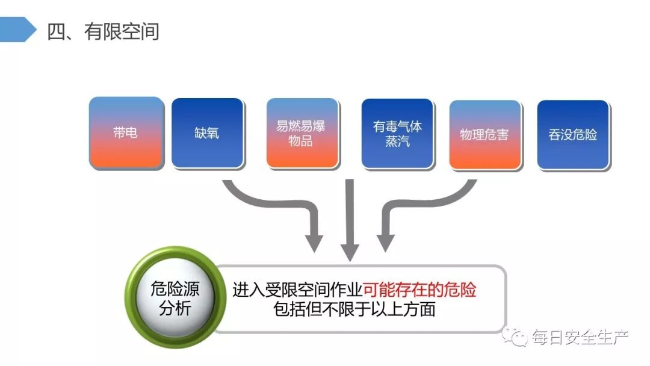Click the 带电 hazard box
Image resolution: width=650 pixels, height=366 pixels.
126,132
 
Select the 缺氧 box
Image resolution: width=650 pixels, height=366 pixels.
207,132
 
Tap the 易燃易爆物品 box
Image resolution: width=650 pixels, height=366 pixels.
302,132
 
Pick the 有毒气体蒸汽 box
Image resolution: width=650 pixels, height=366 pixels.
397,132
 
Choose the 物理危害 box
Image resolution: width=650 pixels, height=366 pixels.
484,134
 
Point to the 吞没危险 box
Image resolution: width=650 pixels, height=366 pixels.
572,134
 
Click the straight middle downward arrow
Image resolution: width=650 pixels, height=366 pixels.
349,223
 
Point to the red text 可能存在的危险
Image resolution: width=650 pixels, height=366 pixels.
419,290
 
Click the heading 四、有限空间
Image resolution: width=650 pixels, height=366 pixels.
103,31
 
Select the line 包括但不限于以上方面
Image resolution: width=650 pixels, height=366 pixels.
354,310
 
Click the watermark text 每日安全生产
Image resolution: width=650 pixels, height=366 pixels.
580,338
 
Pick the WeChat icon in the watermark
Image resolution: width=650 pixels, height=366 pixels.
516,338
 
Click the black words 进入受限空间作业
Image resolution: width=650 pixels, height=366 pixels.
297,290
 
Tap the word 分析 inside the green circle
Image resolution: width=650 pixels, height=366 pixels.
175,309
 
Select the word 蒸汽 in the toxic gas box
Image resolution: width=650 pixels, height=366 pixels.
397,142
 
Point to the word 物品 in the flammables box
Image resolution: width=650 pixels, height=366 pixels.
301,142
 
